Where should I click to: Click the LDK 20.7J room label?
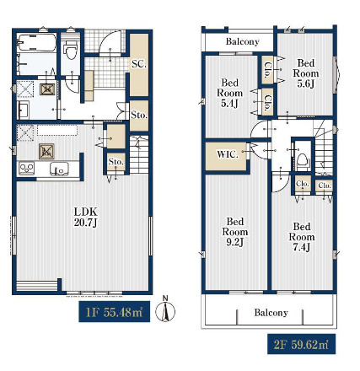[x=86, y=217]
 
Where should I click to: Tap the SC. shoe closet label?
[x=139, y=64]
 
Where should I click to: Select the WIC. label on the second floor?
[x=228, y=154]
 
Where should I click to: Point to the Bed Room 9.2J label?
[x=235, y=232]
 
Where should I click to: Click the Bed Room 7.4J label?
[x=302, y=237]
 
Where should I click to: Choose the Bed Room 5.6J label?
[x=306, y=73]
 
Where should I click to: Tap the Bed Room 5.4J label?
[x=230, y=93]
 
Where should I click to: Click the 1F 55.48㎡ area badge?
[x=114, y=311]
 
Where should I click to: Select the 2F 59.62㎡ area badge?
[x=301, y=344]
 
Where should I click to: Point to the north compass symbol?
[x=165, y=309]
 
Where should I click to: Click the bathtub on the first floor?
[x=36, y=42]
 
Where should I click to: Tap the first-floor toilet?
[x=70, y=50]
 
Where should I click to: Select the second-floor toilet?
[x=303, y=161]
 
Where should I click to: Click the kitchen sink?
[x=59, y=169]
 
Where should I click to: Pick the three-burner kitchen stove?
[x=26, y=169]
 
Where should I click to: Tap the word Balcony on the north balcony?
[x=242, y=41]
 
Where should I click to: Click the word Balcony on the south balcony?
[x=271, y=313]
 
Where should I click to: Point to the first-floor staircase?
[x=139, y=155]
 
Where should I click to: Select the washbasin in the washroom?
[x=24, y=110]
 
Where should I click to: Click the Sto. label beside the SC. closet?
[x=139, y=115]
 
